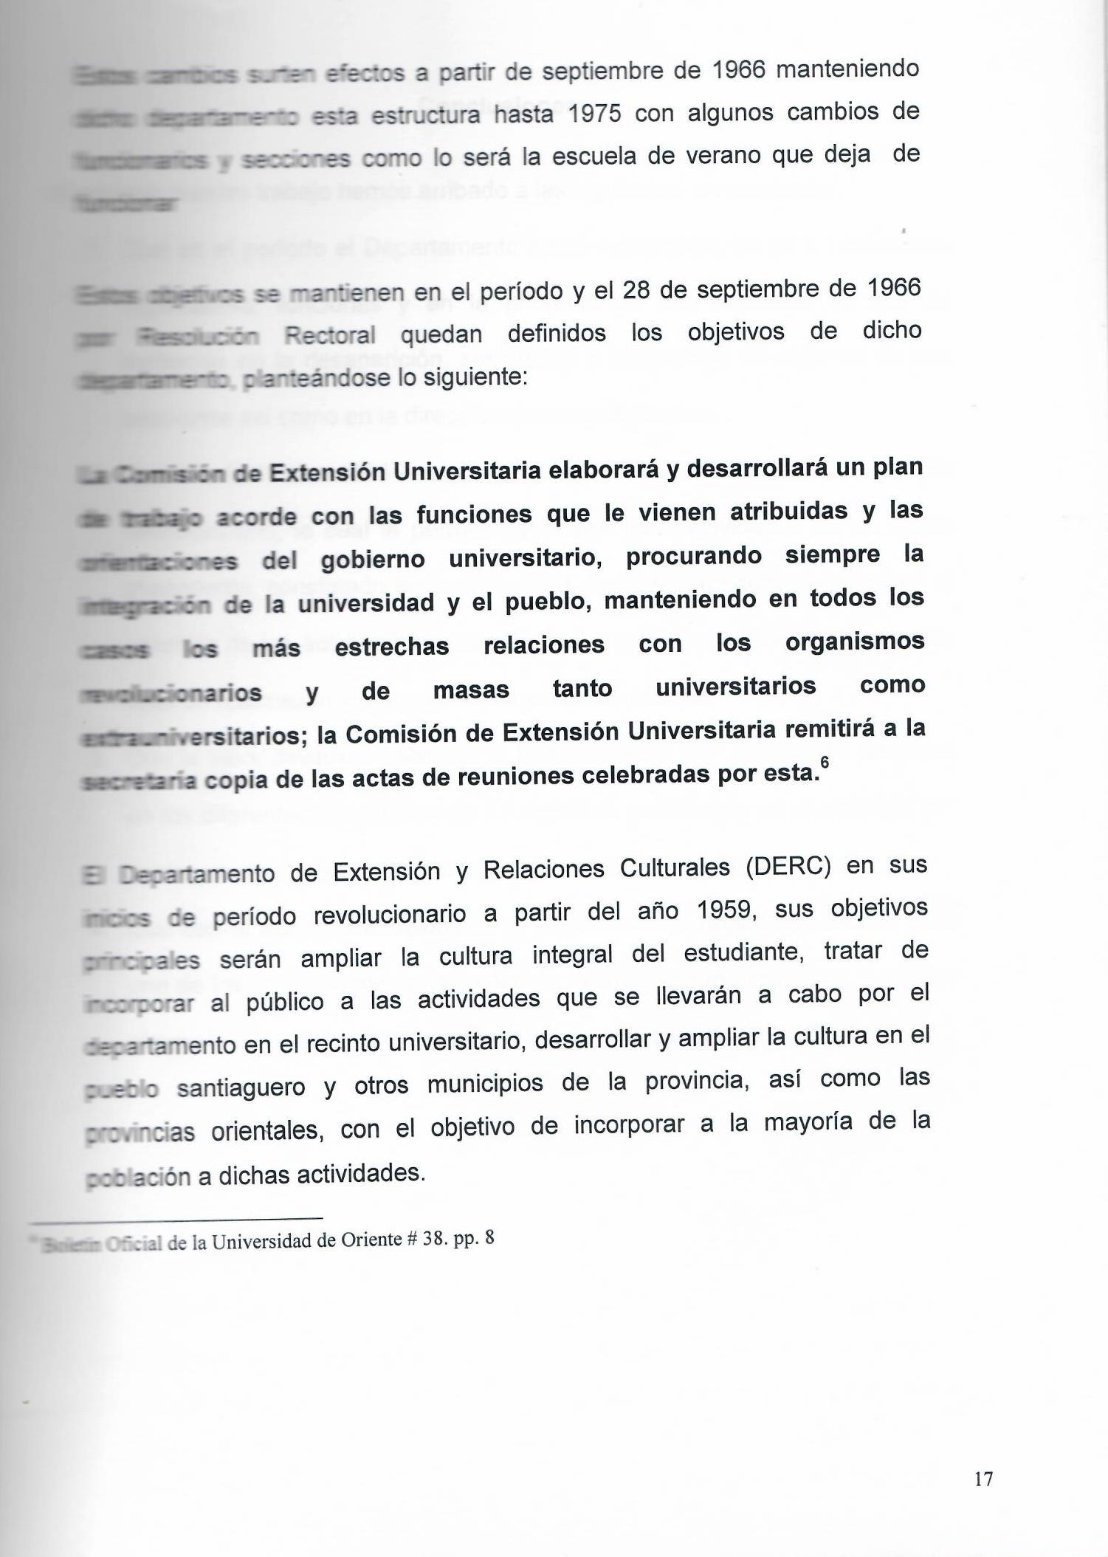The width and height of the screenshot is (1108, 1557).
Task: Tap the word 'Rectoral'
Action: click(330, 336)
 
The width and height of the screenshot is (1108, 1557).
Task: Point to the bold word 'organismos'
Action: click(854, 642)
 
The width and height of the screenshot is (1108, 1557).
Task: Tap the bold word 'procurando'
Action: click(693, 557)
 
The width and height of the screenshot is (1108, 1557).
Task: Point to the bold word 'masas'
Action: click(471, 690)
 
